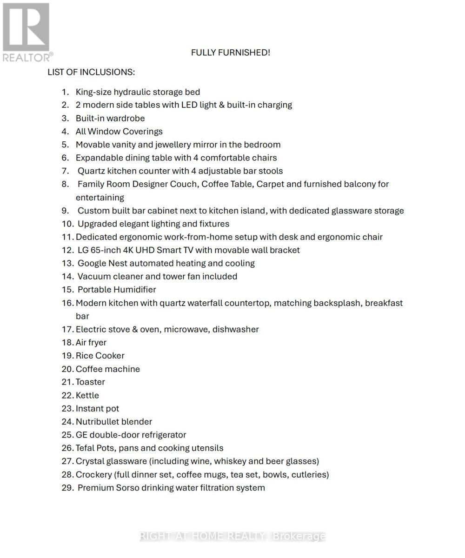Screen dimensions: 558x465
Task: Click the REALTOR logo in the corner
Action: tap(26, 32)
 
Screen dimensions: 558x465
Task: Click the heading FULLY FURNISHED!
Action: tap(230, 53)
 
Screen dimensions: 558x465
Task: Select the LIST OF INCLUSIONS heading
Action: tap(91, 72)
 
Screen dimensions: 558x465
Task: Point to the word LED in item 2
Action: tap(189, 105)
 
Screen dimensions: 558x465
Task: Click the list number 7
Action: tap(65, 171)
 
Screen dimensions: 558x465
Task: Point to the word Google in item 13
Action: tap(92, 263)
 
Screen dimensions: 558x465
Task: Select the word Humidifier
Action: tap(135, 290)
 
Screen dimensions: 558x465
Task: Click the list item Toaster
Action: tap(90, 382)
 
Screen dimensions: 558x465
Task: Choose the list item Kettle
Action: tap(87, 395)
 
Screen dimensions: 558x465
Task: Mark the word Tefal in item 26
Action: tap(85, 448)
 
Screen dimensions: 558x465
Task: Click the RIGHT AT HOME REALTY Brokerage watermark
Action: tap(232, 536)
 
